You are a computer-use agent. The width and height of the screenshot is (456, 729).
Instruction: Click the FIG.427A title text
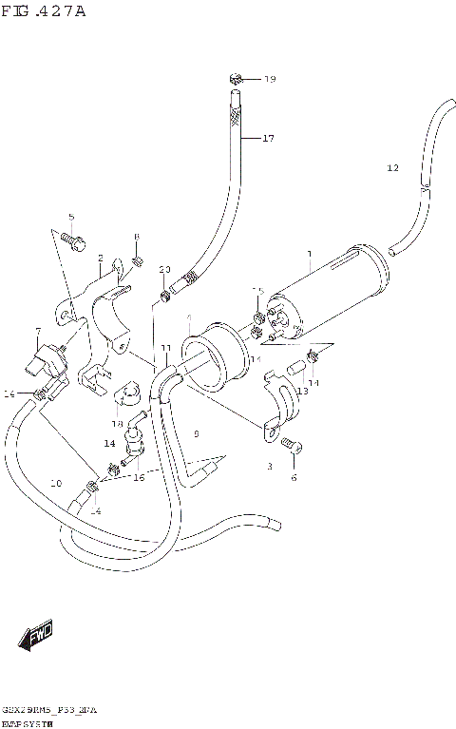coord(44,10)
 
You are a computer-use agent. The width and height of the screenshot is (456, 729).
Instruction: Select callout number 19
coord(269,79)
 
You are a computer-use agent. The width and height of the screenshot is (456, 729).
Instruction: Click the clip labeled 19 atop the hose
coord(237,78)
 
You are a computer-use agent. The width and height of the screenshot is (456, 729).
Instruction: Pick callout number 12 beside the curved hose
coord(392,168)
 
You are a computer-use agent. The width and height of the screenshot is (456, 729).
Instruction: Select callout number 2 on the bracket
coord(100,257)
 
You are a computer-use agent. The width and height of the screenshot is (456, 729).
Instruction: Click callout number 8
coord(137,237)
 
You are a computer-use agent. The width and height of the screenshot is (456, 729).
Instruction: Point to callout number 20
coord(164,270)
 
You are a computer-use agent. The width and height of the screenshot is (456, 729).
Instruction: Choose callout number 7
coord(37,332)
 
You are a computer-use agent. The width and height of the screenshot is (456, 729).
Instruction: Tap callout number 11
coord(165,349)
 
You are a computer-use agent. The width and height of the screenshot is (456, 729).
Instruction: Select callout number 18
coord(118,424)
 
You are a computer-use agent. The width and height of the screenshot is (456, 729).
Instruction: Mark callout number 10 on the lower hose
coord(55,484)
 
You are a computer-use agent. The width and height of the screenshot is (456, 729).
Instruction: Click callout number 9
coord(196,434)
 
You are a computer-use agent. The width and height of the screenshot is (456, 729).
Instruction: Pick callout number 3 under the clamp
coord(269,466)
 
